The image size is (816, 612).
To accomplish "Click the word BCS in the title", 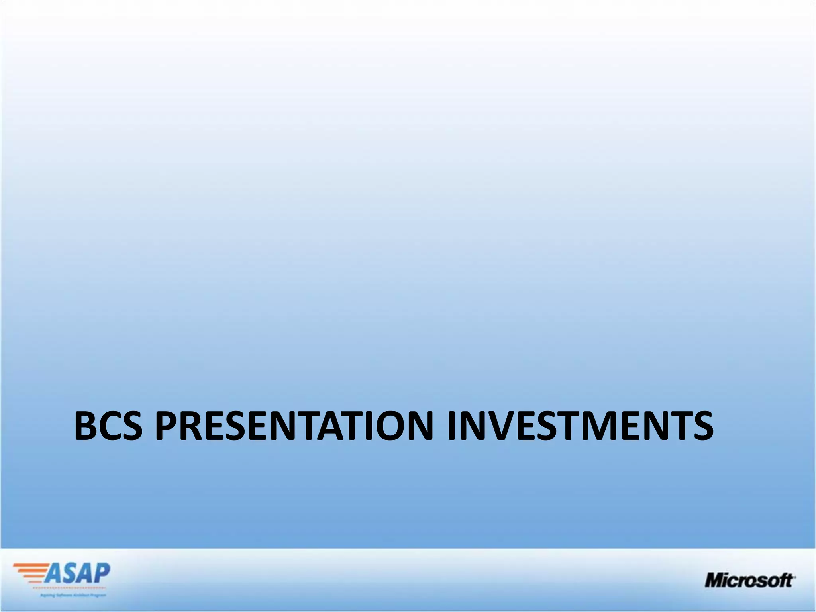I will point(108,426).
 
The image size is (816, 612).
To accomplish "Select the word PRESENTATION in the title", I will point(294,426).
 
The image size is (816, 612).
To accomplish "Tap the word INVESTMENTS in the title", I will point(580,426).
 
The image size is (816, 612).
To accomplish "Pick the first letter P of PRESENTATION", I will point(166,426).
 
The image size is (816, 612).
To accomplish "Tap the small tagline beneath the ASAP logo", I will point(73,595).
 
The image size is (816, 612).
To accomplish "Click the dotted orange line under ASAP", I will point(70,588).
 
